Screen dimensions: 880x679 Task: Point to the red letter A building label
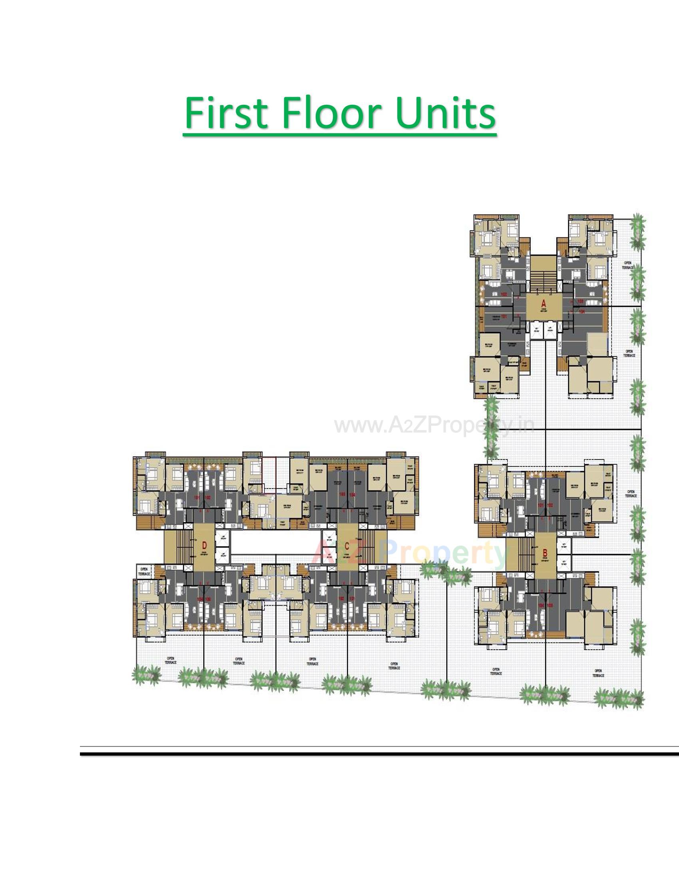(544, 303)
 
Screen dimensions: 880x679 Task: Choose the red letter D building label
(205, 546)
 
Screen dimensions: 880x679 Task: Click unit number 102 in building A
(504, 294)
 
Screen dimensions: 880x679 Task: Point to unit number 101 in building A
(504, 317)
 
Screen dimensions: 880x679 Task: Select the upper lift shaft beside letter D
(222, 538)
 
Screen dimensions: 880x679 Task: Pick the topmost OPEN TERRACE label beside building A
(627, 266)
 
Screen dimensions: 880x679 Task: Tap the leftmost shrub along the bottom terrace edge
(146, 674)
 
